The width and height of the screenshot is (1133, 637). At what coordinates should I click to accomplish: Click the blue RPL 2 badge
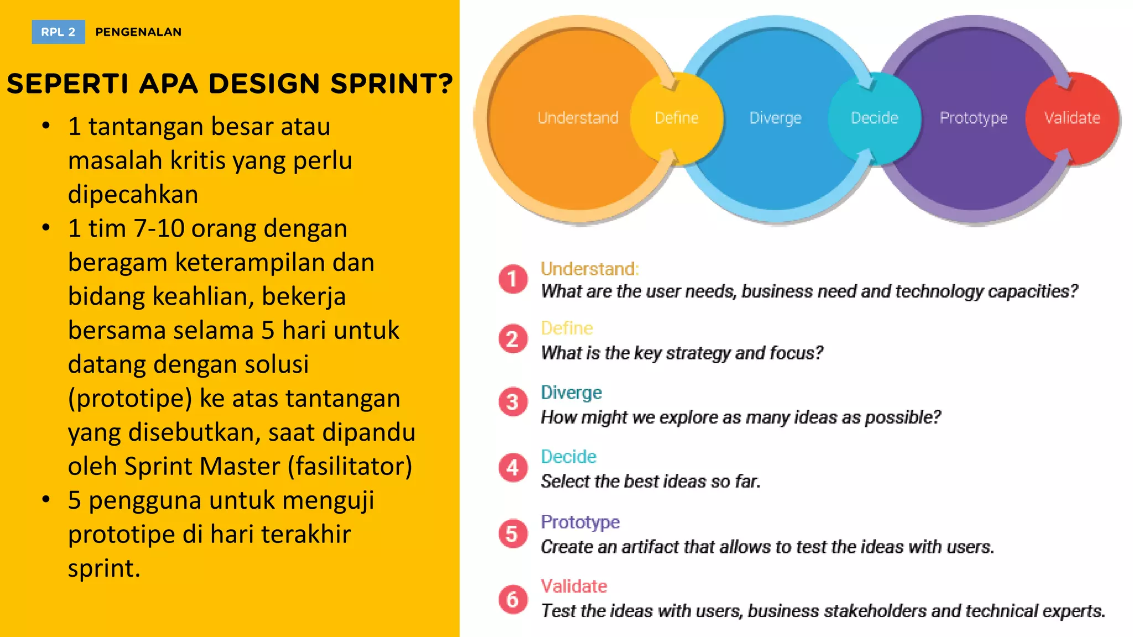58,32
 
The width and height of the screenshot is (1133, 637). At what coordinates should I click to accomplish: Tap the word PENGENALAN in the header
138,32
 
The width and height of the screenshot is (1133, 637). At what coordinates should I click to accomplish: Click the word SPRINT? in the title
392,84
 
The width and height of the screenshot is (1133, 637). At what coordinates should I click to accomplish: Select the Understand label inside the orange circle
578,118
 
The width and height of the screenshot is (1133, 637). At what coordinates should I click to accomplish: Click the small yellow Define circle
677,118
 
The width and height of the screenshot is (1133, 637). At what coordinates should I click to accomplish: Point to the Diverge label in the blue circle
775,118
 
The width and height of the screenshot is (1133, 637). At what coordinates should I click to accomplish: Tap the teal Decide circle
874,118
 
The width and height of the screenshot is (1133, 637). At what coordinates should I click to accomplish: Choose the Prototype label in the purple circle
973,118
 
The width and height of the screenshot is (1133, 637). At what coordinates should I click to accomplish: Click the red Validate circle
1072,118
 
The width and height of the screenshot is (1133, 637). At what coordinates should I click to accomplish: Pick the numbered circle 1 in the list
513,279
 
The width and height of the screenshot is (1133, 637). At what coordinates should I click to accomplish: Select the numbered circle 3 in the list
513,401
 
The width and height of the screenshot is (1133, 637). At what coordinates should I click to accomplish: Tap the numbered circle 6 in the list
513,599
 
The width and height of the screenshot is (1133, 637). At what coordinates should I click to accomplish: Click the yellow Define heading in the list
566,328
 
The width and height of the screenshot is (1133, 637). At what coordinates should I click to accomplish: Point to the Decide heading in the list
568,457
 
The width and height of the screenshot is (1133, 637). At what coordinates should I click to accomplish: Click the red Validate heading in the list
574,586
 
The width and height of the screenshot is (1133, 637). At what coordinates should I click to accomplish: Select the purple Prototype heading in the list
580,521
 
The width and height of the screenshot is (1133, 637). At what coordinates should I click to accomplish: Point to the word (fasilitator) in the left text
350,466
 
